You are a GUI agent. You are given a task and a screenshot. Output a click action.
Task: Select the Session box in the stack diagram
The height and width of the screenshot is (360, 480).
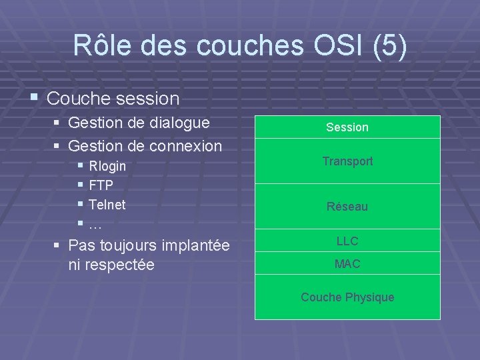[x=347, y=127]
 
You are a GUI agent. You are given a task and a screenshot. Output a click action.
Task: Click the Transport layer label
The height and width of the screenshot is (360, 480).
[x=347, y=161]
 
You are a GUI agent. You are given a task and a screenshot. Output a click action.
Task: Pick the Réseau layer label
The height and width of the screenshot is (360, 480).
[x=347, y=207]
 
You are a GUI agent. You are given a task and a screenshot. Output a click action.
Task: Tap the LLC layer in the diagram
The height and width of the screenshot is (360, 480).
[x=347, y=241]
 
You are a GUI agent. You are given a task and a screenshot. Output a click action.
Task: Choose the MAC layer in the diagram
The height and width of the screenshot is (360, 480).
[x=347, y=264]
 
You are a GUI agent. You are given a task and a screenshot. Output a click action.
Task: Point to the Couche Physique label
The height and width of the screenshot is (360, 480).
[x=347, y=297]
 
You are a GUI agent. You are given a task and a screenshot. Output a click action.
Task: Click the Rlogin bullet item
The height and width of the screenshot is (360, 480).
[x=107, y=166]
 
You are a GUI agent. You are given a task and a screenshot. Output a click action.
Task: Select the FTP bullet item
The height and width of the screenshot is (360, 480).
[x=101, y=185]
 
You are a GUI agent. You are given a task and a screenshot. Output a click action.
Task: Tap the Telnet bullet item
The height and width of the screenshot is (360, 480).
[x=107, y=205]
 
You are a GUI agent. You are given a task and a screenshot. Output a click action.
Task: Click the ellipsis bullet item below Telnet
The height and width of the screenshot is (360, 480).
[x=95, y=224]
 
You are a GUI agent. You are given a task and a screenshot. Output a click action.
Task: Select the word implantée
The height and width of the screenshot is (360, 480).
[x=196, y=245]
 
